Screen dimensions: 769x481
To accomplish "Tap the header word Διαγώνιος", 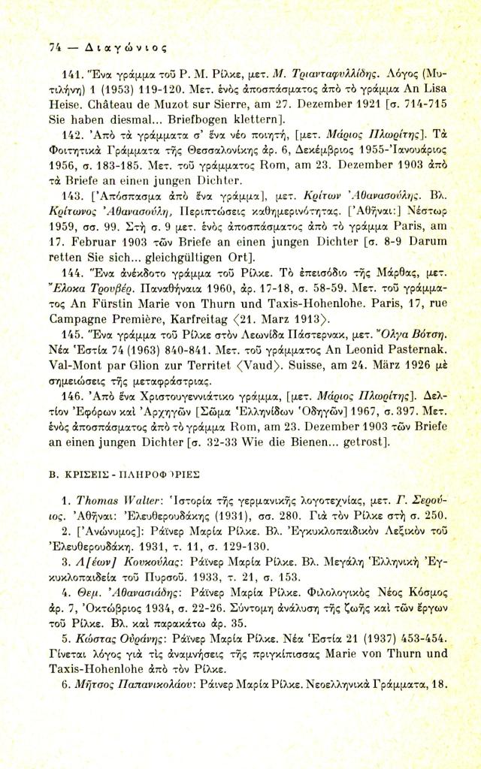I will click(95, 44).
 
